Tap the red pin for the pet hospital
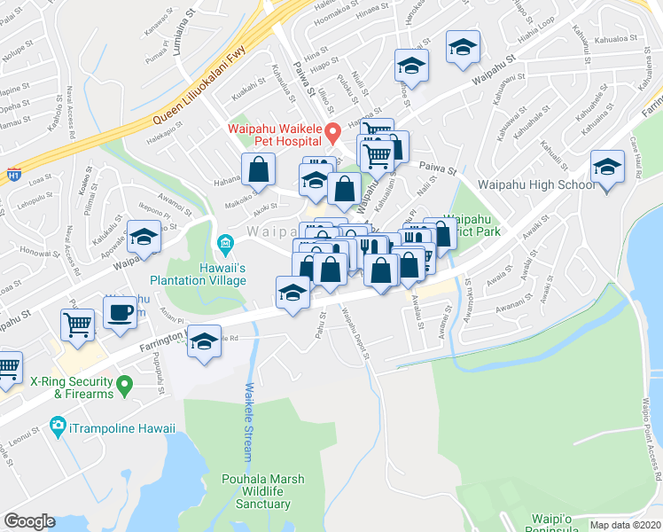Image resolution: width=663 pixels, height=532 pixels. pyautogui.click(x=333, y=135)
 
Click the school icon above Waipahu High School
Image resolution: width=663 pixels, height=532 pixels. pyautogui.click(x=608, y=167)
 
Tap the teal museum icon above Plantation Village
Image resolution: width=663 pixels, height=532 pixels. pyautogui.click(x=224, y=242)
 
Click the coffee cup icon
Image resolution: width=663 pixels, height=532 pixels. pyautogui.click(x=120, y=311)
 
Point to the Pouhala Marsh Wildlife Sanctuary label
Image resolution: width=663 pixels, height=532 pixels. pyautogui.click(x=263, y=491)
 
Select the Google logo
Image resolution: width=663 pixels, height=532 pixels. pyautogui.click(x=29, y=521)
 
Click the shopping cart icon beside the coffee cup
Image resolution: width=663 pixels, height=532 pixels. pyautogui.click(x=78, y=325)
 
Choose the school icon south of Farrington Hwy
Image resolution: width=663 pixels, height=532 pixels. pyautogui.click(x=205, y=343)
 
